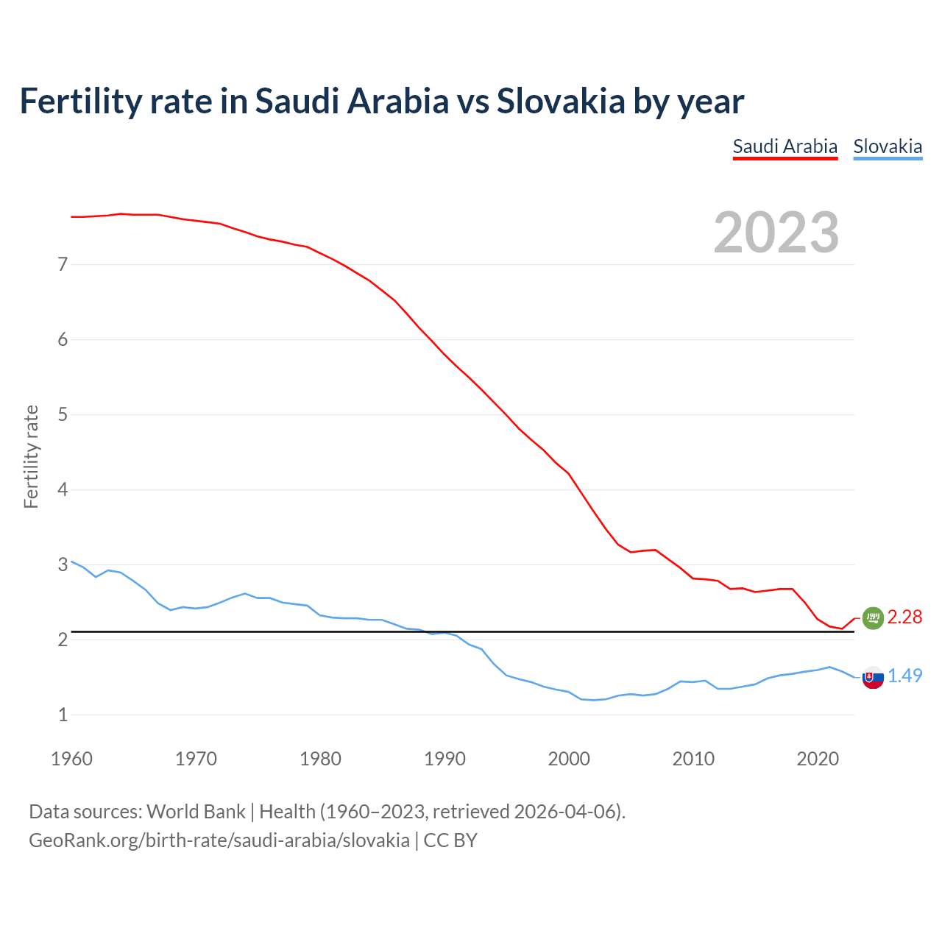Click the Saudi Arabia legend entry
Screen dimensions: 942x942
point(785,146)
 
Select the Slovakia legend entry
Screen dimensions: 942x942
point(887,146)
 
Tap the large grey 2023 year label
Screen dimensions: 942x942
point(776,233)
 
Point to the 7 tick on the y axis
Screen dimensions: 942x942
point(63,264)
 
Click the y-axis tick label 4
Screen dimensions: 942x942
point(63,489)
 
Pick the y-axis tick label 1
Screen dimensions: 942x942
point(63,715)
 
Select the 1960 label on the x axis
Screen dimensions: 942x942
point(71,759)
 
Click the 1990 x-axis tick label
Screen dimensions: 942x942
point(445,759)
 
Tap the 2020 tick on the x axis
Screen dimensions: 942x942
point(818,759)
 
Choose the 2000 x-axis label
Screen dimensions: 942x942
point(569,759)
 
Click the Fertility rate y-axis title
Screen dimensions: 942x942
point(31,456)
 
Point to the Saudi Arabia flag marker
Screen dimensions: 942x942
point(872,618)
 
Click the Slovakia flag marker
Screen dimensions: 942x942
point(873,677)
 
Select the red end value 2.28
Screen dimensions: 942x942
point(904,617)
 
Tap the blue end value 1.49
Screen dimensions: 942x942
point(904,676)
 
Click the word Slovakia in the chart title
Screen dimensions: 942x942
point(560,101)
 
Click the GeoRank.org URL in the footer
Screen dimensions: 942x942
point(219,840)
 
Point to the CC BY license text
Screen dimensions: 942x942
point(450,840)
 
